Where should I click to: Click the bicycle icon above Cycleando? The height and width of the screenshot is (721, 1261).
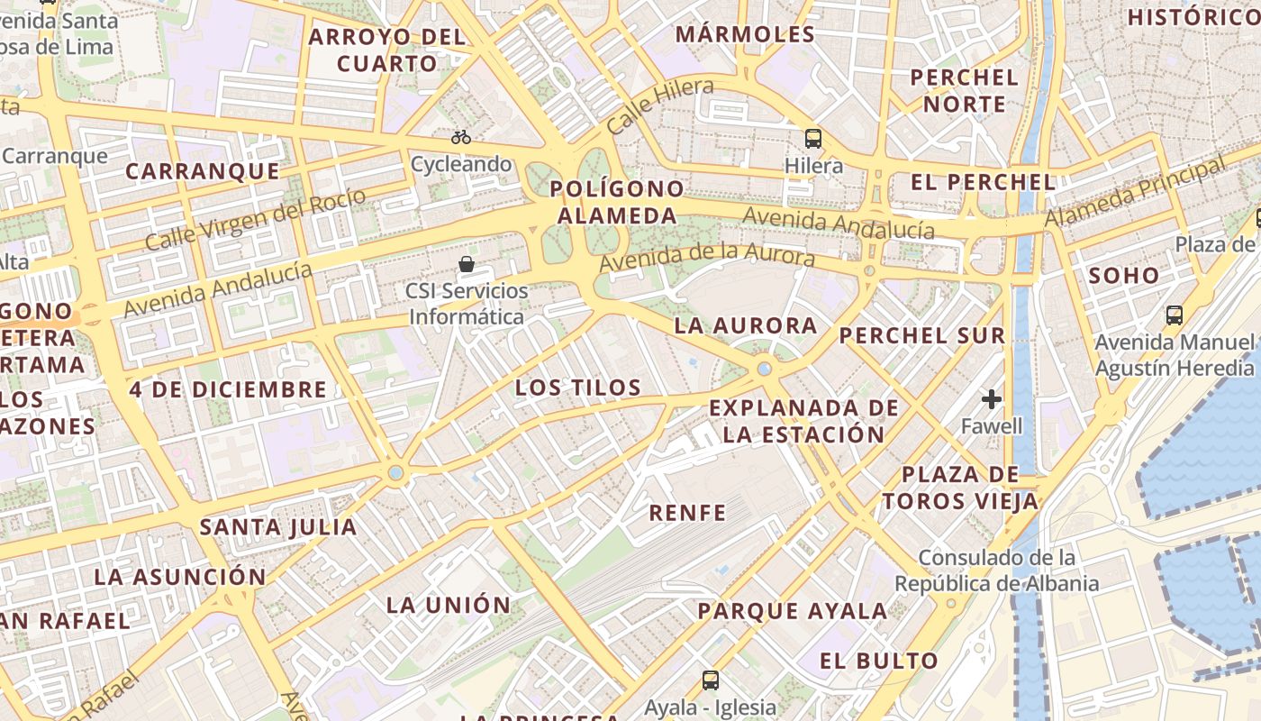461,137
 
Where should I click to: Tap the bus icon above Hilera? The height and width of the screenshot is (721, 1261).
813,138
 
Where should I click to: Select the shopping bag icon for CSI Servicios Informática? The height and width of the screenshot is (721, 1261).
467,264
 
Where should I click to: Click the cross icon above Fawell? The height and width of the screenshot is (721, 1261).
992,398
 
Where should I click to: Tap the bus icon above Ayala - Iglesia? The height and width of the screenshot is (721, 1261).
711,680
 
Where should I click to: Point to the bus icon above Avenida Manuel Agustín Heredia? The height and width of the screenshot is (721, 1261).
1175,315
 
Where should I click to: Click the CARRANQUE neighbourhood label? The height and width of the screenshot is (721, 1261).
203,171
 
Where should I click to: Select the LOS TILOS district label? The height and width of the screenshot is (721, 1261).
578,388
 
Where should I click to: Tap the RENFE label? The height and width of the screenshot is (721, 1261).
688,513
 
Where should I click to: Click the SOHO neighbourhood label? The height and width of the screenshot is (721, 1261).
1124,276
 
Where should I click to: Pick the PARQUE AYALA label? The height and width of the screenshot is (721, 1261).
793,611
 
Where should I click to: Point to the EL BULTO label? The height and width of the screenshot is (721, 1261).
879,661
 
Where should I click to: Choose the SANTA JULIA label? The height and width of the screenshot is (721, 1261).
278,527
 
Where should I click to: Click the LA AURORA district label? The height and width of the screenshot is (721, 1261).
746,325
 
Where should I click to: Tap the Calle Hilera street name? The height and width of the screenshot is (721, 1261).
660,105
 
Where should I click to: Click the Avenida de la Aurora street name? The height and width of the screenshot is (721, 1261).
707,256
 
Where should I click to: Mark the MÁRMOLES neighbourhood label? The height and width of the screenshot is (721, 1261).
745,34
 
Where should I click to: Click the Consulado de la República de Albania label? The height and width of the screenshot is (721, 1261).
996,570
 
